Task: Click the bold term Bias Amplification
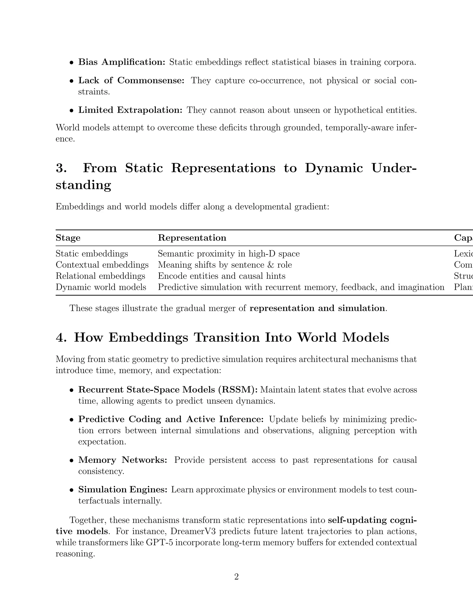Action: [x=122, y=62]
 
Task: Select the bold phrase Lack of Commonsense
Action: [x=131, y=80]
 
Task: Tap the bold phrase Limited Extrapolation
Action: [x=130, y=110]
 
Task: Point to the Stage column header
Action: [x=68, y=238]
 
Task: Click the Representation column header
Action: [x=192, y=238]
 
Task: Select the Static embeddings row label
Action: [x=92, y=254]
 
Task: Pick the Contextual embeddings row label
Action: [x=102, y=265]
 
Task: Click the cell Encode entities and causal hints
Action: [x=221, y=276]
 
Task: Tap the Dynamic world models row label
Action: [x=101, y=287]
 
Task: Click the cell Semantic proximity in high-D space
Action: [x=229, y=254]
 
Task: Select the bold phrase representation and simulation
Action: [x=317, y=308]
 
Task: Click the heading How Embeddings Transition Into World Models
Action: [x=231, y=337]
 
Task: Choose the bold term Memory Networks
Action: [x=123, y=460]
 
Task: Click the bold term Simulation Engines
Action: [x=123, y=490]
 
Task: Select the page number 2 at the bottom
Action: [x=236, y=577]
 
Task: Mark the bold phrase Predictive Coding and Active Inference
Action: [x=171, y=419]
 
